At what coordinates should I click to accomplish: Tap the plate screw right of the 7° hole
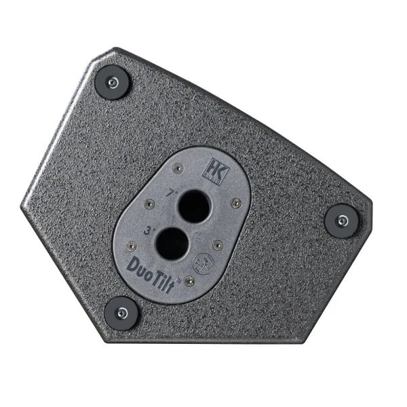coord(233,201)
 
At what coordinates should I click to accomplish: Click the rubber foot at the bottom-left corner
coord(121,311)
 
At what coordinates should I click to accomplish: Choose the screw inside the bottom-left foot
coord(121,312)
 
